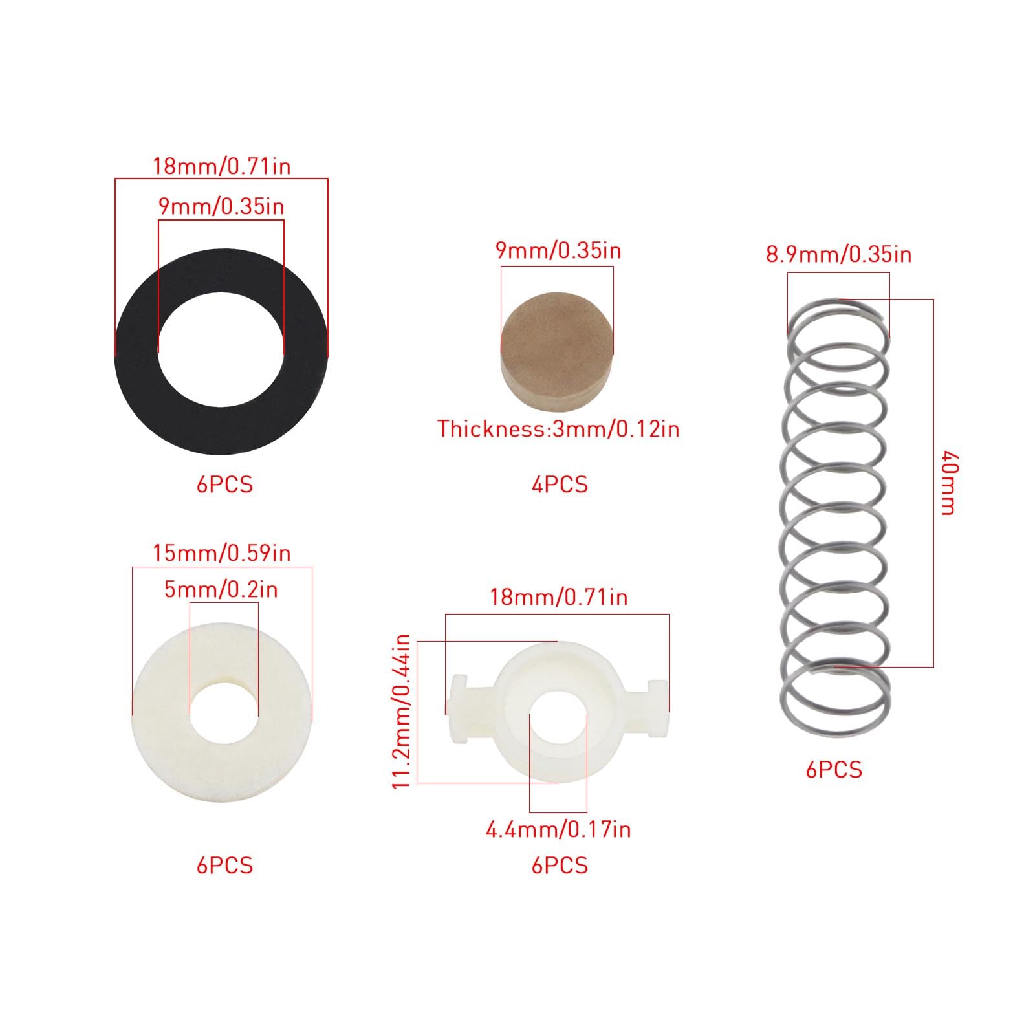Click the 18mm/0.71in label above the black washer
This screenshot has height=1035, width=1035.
pyautogui.click(x=221, y=166)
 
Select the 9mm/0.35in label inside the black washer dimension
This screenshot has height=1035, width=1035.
pyautogui.click(x=221, y=206)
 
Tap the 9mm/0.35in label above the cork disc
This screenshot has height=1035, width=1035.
pyautogui.click(x=558, y=250)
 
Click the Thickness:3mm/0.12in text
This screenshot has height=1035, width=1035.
pyautogui.click(x=558, y=429)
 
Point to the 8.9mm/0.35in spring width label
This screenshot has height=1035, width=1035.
pyautogui.click(x=839, y=254)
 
